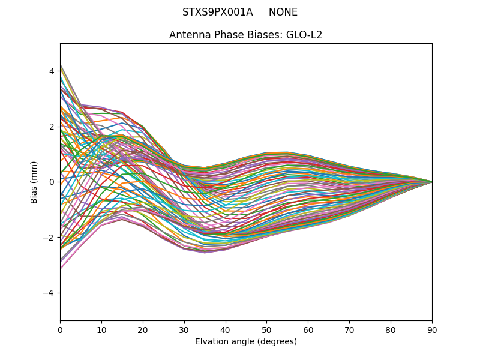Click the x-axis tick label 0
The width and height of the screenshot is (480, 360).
pyautogui.click(x=60, y=329)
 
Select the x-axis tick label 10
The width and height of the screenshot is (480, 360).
pyautogui.click(x=101, y=329)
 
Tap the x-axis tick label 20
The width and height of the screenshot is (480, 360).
pyautogui.click(x=143, y=329)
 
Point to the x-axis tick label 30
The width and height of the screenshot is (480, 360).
pyautogui.click(x=184, y=329)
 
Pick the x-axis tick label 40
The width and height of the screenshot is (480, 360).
pyautogui.click(x=226, y=329)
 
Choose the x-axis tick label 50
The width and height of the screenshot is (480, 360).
pyautogui.click(x=266, y=329)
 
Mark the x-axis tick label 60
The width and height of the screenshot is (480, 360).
pyautogui.click(x=308, y=329)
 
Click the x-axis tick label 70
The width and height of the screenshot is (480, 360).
pyautogui.click(x=349, y=329)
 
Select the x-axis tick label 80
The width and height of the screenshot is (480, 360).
pyautogui.click(x=391, y=329)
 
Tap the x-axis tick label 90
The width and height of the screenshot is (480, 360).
pyautogui.click(x=432, y=329)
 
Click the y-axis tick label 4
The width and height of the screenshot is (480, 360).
pyautogui.click(x=52, y=71)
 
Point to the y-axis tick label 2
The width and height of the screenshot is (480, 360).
pyautogui.click(x=52, y=127)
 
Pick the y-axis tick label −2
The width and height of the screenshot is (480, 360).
pyautogui.click(x=49, y=238)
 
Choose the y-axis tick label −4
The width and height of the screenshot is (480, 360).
pyautogui.click(x=49, y=293)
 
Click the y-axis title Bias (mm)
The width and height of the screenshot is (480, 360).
pyautogui.click(x=35, y=182)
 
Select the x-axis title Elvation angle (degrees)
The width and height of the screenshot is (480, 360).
pyautogui.click(x=246, y=342)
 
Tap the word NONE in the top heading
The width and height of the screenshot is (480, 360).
pyautogui.click(x=283, y=12)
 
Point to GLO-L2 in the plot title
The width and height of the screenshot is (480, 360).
pyautogui.click(x=304, y=35)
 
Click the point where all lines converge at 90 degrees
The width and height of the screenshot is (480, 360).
pyautogui.click(x=431, y=182)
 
